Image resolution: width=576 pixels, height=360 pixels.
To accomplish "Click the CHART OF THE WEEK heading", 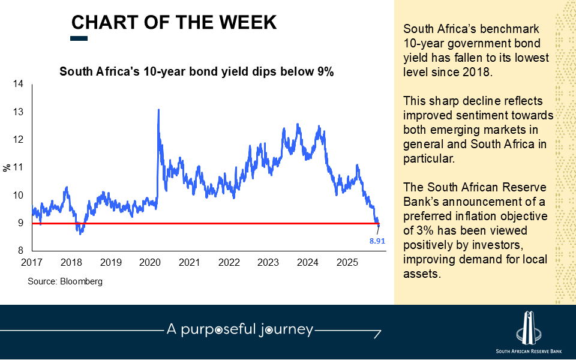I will pyautogui.click(x=174, y=22).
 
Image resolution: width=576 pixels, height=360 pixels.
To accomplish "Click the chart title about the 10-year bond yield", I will pyautogui.click(x=196, y=71).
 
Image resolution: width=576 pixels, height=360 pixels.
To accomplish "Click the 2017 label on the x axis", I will pyautogui.click(x=32, y=263).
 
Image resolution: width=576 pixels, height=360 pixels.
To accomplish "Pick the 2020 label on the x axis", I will pyautogui.click(x=150, y=263).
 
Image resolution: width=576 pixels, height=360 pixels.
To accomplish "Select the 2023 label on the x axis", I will pyautogui.click(x=268, y=263).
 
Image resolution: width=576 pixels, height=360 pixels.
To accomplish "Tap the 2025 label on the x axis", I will pyautogui.click(x=347, y=263).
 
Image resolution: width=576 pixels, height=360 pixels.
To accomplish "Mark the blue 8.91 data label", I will pyautogui.click(x=377, y=241).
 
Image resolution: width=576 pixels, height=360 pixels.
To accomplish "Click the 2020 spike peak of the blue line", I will pyautogui.click(x=158, y=110).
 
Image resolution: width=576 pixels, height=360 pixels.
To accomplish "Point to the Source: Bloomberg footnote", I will pyautogui.click(x=65, y=281).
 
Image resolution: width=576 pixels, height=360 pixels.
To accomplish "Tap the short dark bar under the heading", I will pyautogui.click(x=79, y=38).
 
